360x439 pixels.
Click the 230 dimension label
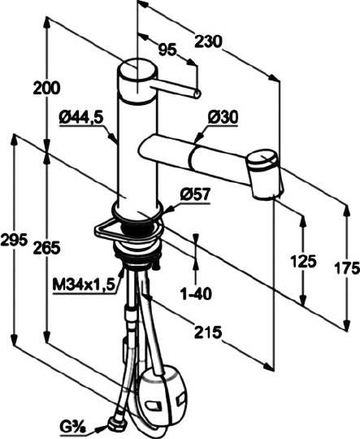tap(208, 42)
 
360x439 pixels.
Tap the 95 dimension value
tap(167, 50)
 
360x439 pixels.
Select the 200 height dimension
tap(46, 88)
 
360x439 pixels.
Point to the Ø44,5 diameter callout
tap(81, 119)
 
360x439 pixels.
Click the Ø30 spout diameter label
tap(223, 117)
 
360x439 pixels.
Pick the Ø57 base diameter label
tap(195, 194)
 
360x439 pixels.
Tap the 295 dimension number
tap(14, 240)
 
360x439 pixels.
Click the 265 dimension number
tap(46, 248)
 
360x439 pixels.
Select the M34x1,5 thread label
tap(84, 285)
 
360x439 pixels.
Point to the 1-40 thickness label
tap(196, 293)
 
